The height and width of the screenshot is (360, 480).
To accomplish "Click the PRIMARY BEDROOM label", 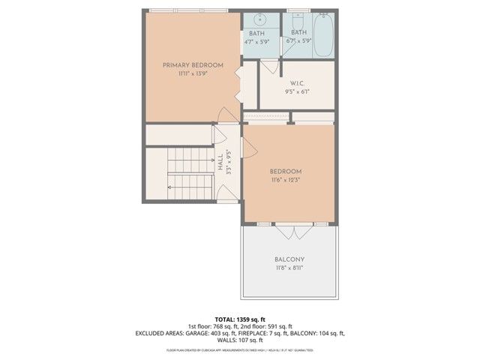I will (193, 65).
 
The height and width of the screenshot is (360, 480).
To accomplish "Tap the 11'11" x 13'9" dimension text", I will (193, 74).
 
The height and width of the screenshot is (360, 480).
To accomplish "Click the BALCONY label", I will (288, 259).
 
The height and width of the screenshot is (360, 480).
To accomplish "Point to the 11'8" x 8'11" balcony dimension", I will (288, 268).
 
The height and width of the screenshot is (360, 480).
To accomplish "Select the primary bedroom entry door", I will (226, 115).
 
